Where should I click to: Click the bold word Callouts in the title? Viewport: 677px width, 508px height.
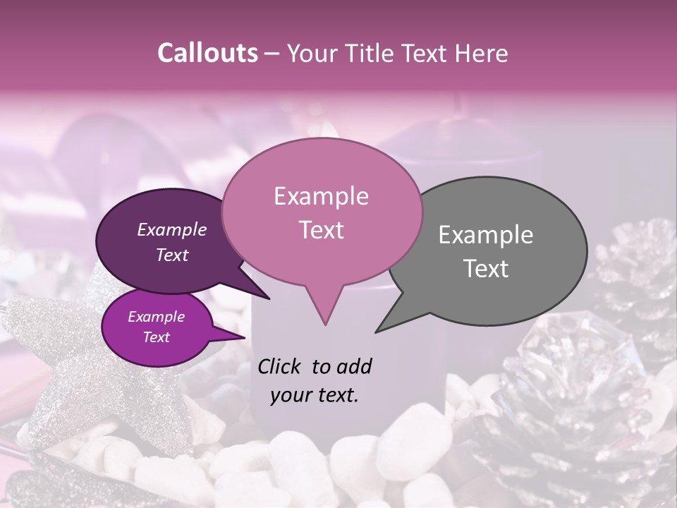pyautogui.click(x=207, y=53)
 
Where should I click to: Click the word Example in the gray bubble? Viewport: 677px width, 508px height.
pyautogui.click(x=486, y=235)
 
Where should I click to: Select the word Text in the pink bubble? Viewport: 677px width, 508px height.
pyautogui.click(x=322, y=230)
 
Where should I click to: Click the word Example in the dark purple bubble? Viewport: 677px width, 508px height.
pyautogui.click(x=171, y=230)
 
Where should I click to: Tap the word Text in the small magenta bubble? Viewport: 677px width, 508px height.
pyautogui.click(x=156, y=337)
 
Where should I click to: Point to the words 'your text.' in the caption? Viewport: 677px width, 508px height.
pyautogui.click(x=315, y=395)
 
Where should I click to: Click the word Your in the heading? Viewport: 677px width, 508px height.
pyautogui.click(x=308, y=53)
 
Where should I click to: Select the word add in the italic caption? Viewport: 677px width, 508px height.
pyautogui.click(x=354, y=366)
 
